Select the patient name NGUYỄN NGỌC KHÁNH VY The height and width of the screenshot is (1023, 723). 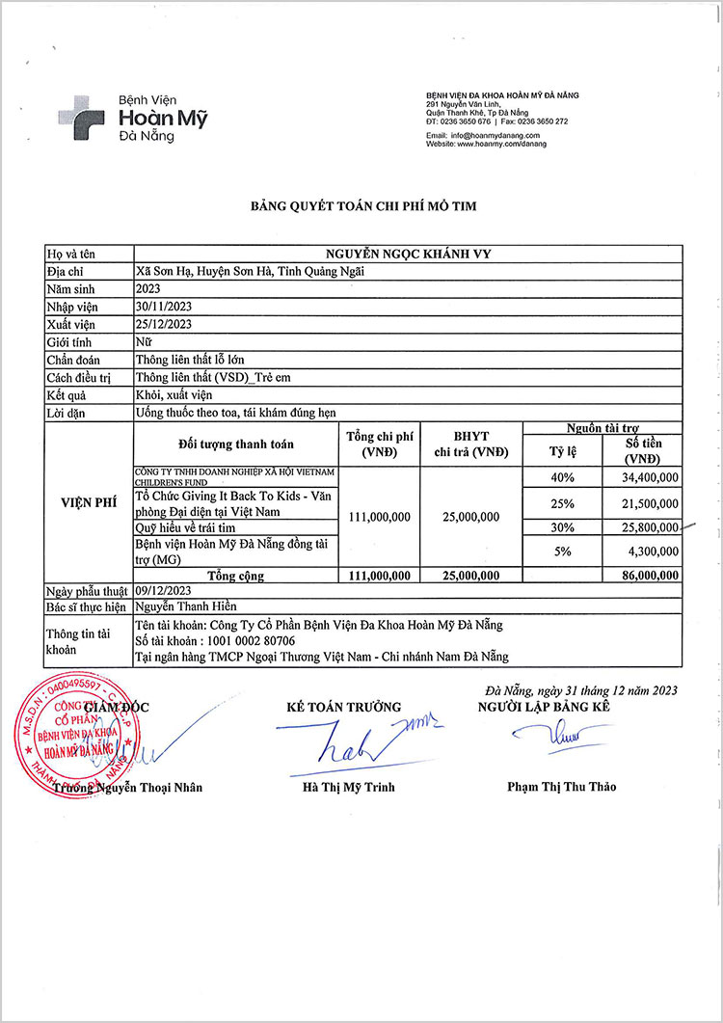coord(410,254)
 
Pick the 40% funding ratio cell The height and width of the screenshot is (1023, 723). coord(562,476)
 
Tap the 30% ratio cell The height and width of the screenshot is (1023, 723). coord(562,527)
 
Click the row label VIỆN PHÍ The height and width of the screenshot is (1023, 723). coord(89,501)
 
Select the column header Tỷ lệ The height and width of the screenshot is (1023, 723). coord(562,449)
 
